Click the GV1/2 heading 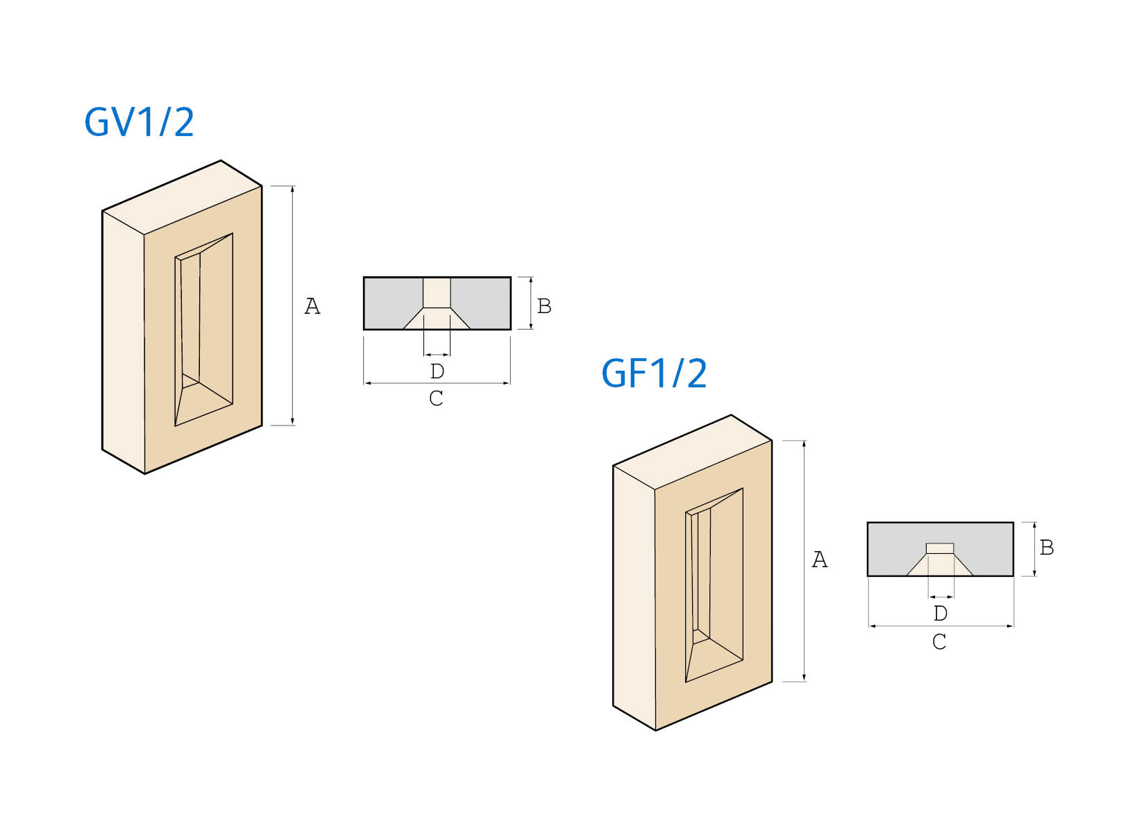tap(139, 122)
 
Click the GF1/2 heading tap(654, 373)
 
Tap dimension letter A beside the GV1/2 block tap(312, 306)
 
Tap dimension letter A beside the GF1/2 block tap(820, 559)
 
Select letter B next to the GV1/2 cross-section tap(544, 306)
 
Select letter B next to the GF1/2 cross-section tap(1047, 548)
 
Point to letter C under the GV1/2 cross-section tap(436, 398)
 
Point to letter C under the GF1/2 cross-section tap(939, 642)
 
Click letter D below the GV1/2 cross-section tap(437, 371)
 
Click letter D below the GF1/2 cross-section tap(940, 614)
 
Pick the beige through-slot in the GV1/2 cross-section tap(437, 293)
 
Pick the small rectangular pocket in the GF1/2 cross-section tap(940, 548)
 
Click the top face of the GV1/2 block tap(182, 198)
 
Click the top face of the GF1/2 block tap(693, 452)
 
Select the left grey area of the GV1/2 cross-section tap(390, 298)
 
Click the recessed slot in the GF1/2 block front tap(714, 583)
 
